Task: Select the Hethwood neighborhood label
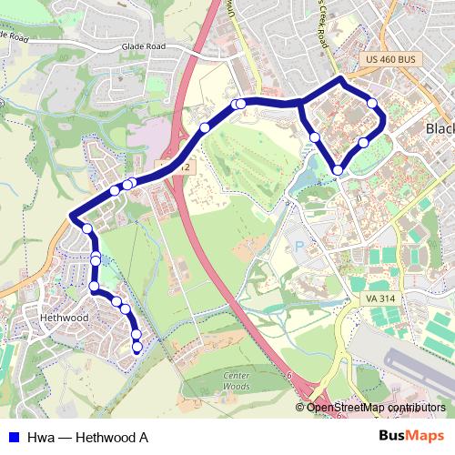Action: point(65,318)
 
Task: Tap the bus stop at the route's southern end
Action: point(136,347)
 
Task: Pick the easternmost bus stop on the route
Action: point(373,104)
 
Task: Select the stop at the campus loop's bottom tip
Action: point(338,170)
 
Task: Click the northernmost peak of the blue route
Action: point(341,80)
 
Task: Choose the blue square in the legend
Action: point(13,438)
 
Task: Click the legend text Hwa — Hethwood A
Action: point(87,438)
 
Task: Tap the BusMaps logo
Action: point(412,437)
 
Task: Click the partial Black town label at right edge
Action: point(440,130)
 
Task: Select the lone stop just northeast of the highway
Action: point(206,127)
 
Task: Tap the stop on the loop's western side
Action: point(314,137)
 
